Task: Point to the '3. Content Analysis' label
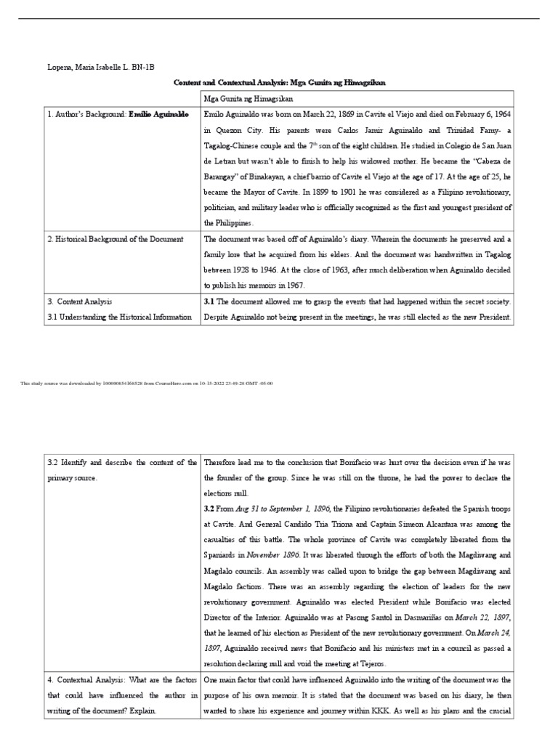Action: tap(80, 301)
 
